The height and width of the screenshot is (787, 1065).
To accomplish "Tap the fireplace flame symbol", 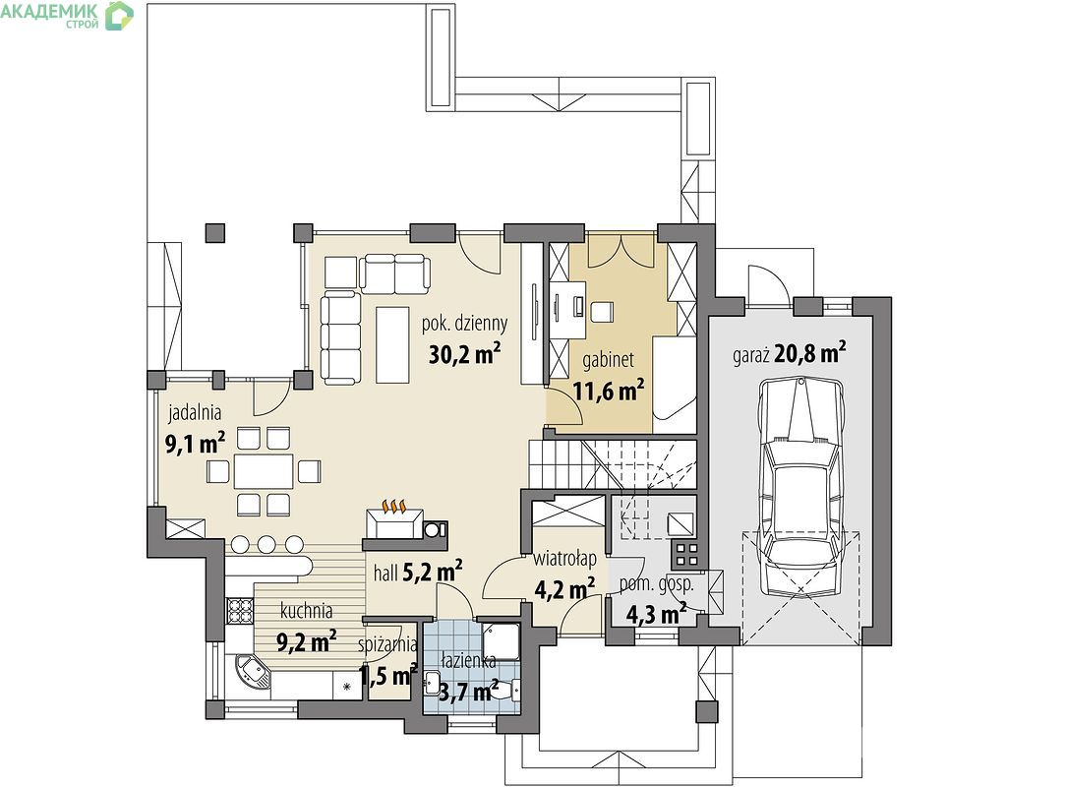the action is (394, 507).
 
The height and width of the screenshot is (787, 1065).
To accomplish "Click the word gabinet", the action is (608, 360).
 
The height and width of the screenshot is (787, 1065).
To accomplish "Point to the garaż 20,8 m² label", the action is (790, 354).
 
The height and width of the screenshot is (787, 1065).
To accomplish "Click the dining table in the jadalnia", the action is (264, 471).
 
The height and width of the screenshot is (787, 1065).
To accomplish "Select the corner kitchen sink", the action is (252, 672).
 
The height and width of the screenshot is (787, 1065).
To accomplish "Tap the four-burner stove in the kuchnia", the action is (240, 610).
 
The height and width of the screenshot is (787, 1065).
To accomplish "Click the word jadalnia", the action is (195, 412).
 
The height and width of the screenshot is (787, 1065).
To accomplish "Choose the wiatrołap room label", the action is (564, 560).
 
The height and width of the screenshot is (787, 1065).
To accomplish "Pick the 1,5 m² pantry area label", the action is (387, 676).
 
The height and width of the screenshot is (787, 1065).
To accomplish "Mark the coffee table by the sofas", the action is (392, 344).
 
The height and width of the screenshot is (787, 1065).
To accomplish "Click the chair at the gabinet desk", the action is (601, 312).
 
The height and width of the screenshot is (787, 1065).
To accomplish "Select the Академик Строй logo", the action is (67, 15).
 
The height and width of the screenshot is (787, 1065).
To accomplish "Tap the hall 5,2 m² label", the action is (418, 573).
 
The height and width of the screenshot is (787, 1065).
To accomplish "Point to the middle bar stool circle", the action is (266, 544).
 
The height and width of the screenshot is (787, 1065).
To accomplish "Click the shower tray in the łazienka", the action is (502, 640).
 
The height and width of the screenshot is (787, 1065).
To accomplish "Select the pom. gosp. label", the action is (656, 585).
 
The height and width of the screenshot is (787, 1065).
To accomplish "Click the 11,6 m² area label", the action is (609, 391).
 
